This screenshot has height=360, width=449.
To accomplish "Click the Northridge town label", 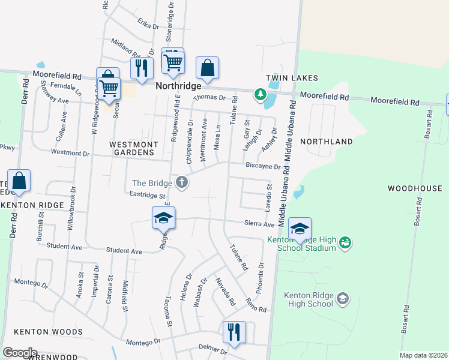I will [178, 86].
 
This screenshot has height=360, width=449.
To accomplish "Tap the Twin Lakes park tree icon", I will [261, 94].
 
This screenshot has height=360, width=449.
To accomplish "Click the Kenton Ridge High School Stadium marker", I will [345, 242].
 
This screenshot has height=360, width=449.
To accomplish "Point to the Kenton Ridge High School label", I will [309, 299].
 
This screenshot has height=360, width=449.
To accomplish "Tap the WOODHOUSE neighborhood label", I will [415, 188].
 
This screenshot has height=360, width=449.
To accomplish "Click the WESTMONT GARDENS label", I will [134, 148].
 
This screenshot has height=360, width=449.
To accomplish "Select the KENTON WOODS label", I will [48, 332].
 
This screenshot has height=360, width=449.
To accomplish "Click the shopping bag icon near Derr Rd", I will [19, 181].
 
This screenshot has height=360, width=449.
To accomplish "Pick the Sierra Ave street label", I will [259, 224].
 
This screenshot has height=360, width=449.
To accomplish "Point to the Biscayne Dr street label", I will [262, 166].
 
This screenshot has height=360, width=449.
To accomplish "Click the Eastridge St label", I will [147, 196].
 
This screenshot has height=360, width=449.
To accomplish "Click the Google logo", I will [20, 353].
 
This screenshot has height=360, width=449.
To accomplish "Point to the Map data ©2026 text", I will [423, 355].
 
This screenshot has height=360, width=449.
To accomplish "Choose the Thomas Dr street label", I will [209, 97].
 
